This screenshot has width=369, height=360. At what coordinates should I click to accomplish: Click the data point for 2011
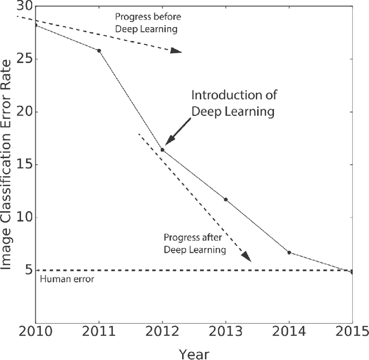click(x=99, y=51)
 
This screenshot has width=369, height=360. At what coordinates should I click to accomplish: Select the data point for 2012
click(x=162, y=150)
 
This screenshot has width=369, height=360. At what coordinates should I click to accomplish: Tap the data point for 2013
click(x=225, y=200)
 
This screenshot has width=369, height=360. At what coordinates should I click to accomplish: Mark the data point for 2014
click(x=289, y=253)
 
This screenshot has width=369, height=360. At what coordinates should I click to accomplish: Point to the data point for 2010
click(x=36, y=25)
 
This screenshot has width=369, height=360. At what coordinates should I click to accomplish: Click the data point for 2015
click(x=352, y=272)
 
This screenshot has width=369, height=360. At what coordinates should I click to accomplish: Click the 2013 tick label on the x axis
click(x=225, y=333)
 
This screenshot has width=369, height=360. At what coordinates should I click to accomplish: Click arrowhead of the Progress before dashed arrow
click(x=176, y=51)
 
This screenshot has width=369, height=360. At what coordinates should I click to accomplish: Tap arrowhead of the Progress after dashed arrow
click(x=247, y=257)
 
